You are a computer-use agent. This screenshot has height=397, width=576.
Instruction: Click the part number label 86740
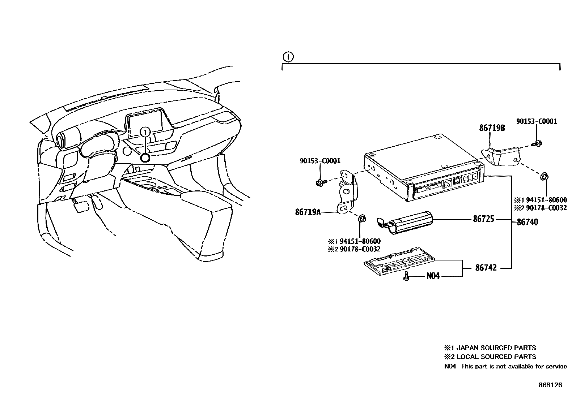527,222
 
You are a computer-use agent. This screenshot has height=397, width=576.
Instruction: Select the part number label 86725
483,219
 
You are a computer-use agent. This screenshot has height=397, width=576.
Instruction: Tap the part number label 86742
486,268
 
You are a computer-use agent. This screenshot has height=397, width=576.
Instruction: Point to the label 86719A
308,212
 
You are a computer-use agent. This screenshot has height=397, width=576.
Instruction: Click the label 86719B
492,128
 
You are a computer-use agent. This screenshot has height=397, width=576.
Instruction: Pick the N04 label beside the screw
433,276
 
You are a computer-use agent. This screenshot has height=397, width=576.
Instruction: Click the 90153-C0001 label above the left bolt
320,161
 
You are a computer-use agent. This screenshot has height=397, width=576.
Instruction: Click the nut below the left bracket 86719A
361,219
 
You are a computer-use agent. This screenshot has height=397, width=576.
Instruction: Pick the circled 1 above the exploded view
288,57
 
